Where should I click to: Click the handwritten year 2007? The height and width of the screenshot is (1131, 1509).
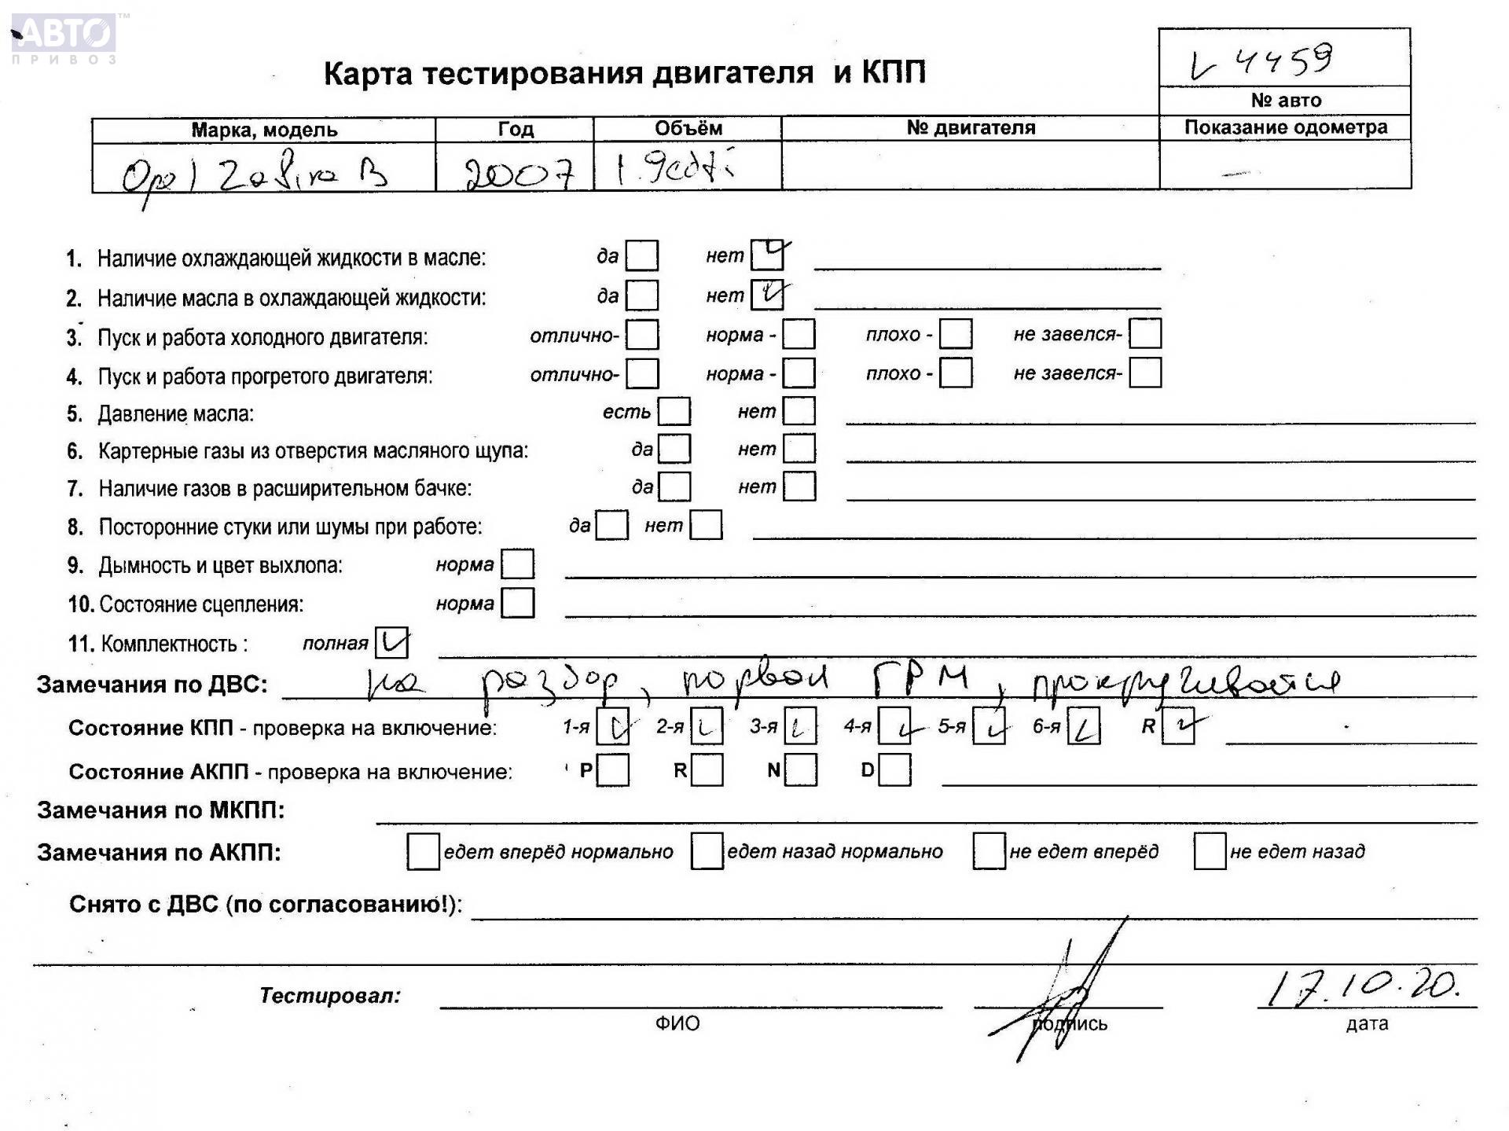point(519,171)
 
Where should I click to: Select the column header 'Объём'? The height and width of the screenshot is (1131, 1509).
point(688,128)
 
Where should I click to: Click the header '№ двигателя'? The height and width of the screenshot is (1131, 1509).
point(971,127)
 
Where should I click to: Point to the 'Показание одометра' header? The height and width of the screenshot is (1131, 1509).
point(1285,127)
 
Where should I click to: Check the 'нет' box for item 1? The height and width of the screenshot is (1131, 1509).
point(766,255)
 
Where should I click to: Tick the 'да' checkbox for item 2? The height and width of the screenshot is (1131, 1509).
point(642,296)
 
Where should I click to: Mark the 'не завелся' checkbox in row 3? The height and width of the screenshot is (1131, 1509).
point(1145,334)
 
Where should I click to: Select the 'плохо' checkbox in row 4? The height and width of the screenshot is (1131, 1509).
point(956,373)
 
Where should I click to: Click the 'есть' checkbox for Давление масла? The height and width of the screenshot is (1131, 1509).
point(674,411)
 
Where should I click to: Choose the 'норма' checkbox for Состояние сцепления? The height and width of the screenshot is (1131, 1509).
point(517,603)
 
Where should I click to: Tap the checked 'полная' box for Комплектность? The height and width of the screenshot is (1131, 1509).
point(391,643)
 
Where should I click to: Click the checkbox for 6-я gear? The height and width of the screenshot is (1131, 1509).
point(1084,726)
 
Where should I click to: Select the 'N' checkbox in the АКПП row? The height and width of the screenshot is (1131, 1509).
point(801,770)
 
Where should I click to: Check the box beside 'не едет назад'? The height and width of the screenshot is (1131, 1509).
point(1210,851)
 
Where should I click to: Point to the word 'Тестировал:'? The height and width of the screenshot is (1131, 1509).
point(330,996)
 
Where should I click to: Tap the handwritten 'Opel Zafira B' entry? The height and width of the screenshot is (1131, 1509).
point(255,174)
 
